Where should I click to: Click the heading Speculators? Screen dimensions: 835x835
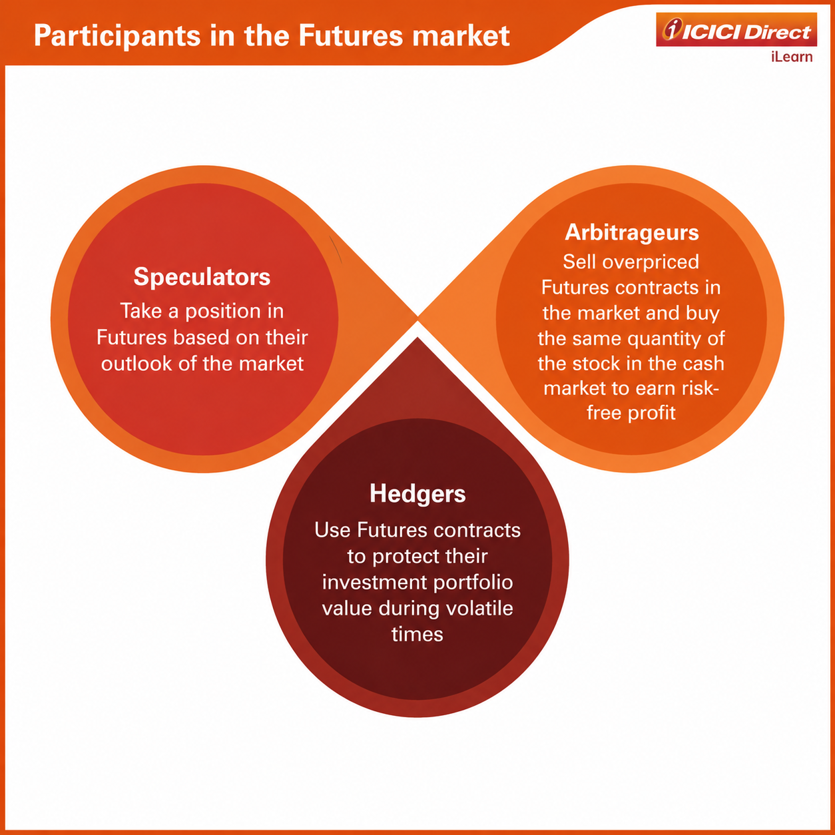click(202, 277)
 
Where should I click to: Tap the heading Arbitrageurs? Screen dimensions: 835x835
click(631, 232)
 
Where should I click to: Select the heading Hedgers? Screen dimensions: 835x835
click(418, 493)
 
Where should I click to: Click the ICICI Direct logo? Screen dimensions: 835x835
click(736, 30)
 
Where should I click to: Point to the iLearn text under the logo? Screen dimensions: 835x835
click(792, 57)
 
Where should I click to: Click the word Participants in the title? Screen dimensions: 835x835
click(117, 36)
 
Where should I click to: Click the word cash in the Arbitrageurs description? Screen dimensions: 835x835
click(705, 363)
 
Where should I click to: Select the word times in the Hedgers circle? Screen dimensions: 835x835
click(418, 635)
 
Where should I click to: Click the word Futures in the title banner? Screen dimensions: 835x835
click(350, 36)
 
